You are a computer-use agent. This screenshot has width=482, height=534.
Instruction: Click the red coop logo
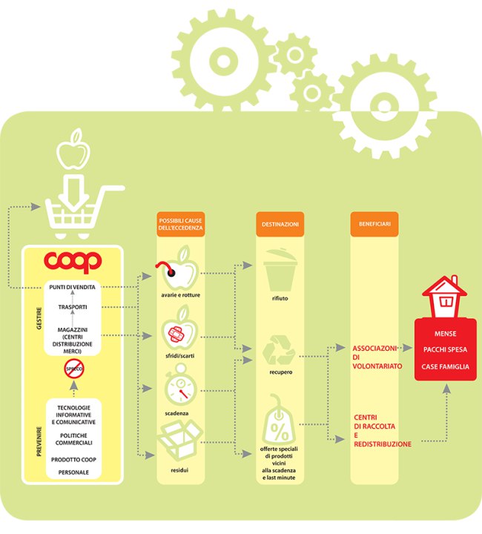72,263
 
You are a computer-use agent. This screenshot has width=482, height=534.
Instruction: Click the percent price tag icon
280,423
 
